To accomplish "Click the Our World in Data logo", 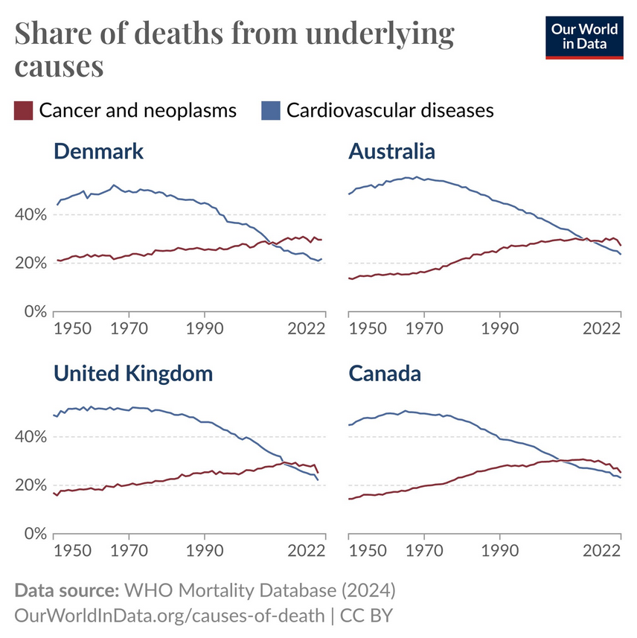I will tap(584, 36).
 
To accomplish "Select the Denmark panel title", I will tap(98, 152).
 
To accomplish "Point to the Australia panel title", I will tap(391, 152).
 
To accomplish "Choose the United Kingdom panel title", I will tap(133, 373).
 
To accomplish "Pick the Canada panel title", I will tap(385, 373).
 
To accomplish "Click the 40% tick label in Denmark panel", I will tap(32, 214).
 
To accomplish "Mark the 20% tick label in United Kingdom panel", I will tap(32, 485).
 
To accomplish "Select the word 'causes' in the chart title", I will tap(59, 66).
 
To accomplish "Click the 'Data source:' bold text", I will tap(66, 591).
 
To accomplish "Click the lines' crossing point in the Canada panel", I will tap(556, 461).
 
